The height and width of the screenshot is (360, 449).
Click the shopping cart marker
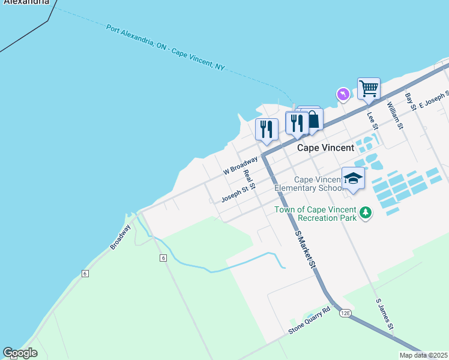pyautogui.click(x=369, y=89)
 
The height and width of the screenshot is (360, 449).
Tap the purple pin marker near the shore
pyautogui.click(x=343, y=95)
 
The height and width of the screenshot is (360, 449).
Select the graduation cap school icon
pyautogui.click(x=353, y=178)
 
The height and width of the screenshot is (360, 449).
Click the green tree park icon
pyautogui.click(x=365, y=212)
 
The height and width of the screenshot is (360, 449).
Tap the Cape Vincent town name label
pyautogui.click(x=326, y=148)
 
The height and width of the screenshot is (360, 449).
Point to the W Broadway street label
pyautogui.click(x=240, y=166)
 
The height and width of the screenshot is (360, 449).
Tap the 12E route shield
pyautogui.click(x=345, y=313)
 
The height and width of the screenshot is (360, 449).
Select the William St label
pyautogui.click(x=394, y=115)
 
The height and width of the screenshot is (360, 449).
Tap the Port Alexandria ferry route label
pyautogui.click(x=165, y=47)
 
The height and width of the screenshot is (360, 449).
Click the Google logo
pyautogui.click(x=20, y=353)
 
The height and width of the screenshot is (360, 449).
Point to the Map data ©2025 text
pyautogui.click(x=423, y=355)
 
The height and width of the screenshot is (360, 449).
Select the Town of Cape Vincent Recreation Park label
pyautogui.click(x=316, y=214)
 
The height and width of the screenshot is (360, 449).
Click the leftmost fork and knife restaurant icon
pyautogui.click(x=266, y=129)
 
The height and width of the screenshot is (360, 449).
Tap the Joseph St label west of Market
pyautogui.click(x=234, y=193)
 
